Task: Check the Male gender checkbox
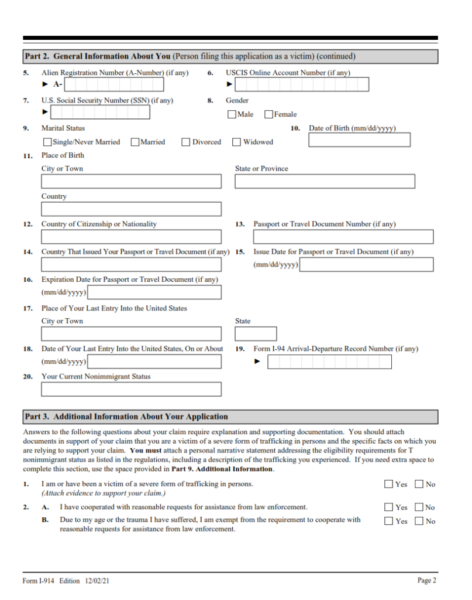[232, 114]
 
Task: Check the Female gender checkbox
[268, 114]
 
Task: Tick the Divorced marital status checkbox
[186, 142]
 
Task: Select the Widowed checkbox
[236, 142]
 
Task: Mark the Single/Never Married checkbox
[47, 142]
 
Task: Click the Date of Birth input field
[359, 140]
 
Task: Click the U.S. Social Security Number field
[100, 112]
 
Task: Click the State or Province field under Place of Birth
[325, 181]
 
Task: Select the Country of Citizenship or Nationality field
[131, 237]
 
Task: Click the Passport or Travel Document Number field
[343, 237]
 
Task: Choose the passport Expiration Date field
[154, 292]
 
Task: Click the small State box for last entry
[256, 334]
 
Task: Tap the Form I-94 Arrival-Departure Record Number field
[329, 362]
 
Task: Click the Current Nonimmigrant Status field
[131, 389]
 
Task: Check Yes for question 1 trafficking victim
[389, 484]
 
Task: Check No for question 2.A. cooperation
[419, 507]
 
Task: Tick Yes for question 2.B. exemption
[389, 521]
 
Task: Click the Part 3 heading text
[126, 417]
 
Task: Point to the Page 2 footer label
[426, 580]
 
